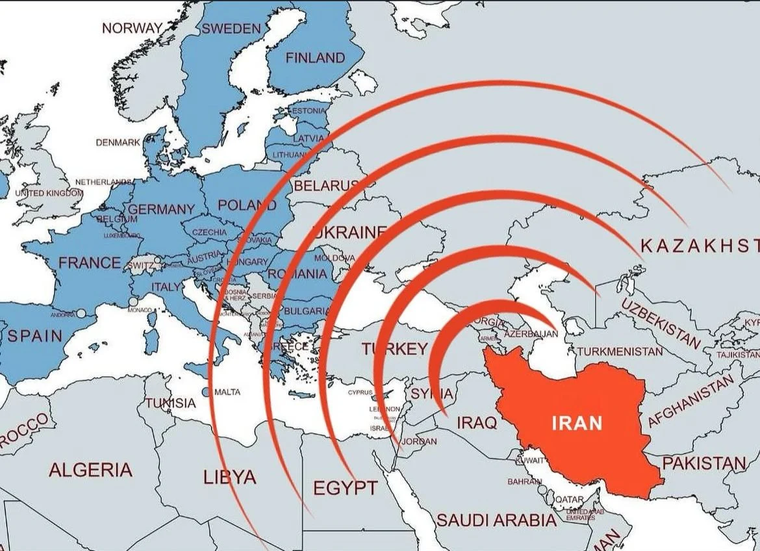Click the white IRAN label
click(x=577, y=424)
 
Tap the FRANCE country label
click(x=90, y=263)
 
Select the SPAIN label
click(x=35, y=336)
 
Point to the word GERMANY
click(x=162, y=209)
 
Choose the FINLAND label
click(x=315, y=58)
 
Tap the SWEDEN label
click(x=231, y=29)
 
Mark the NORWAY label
click(x=132, y=28)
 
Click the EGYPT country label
click(x=345, y=488)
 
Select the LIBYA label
click(x=229, y=478)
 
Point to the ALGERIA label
click(x=90, y=470)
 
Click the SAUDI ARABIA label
click(x=496, y=520)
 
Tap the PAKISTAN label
click(x=704, y=464)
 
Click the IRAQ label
click(x=477, y=423)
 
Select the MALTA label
click(x=227, y=392)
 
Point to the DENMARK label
click(x=118, y=142)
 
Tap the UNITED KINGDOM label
click(x=49, y=193)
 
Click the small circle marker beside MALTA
click(x=206, y=392)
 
